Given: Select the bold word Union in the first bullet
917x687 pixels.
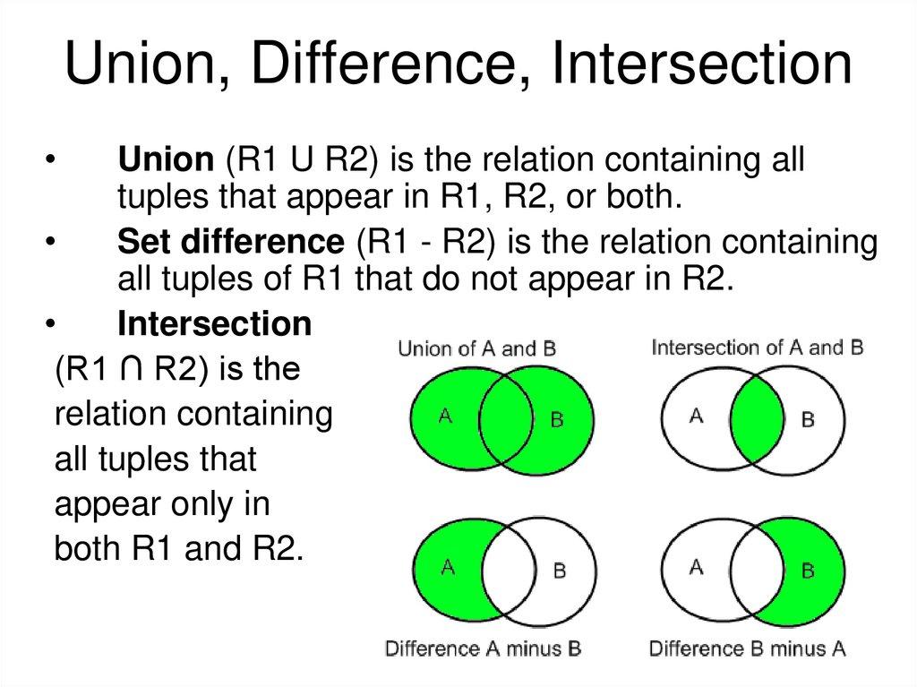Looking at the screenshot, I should coord(166,161).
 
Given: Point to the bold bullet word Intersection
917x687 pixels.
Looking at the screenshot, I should coord(215,323).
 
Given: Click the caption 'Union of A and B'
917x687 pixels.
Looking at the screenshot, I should coord(476,348).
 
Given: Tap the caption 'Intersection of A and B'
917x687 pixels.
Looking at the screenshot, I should coord(758,347).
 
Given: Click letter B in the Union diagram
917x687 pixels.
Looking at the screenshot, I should coord(556,419).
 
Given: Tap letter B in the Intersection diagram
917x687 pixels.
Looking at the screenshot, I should coord(807,419).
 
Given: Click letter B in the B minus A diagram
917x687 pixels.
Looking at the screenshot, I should coord(807,569).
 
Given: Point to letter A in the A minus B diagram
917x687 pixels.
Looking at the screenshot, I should coord(447,565).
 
